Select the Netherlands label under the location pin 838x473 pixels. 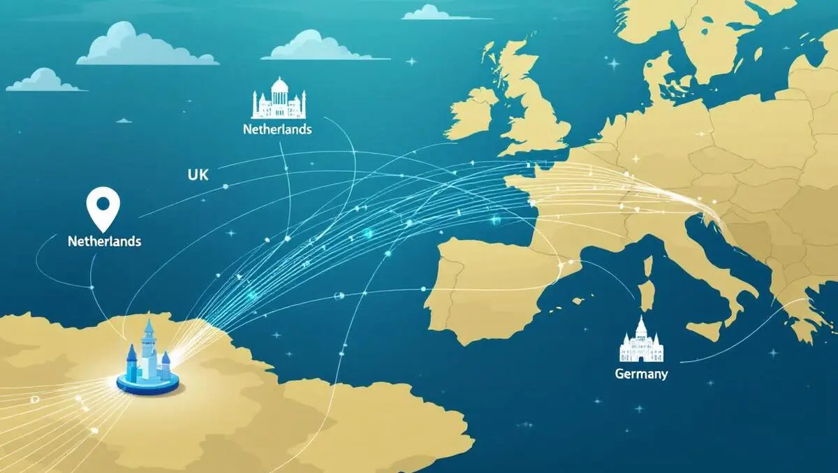[105, 242]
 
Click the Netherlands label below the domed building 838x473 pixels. [277, 129]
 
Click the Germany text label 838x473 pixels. [641, 374]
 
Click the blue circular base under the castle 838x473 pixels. [148, 381]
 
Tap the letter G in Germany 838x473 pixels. [619, 374]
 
